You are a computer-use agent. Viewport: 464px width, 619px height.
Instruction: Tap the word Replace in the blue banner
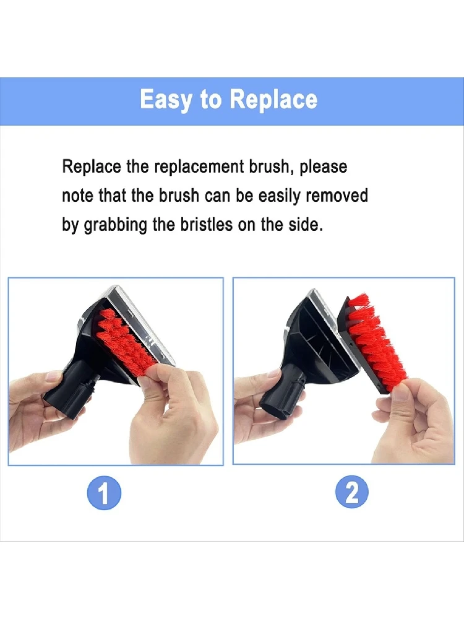(273, 100)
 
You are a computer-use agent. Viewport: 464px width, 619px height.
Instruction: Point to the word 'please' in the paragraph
(324, 167)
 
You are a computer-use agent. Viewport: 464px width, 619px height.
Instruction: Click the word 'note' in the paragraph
(78, 196)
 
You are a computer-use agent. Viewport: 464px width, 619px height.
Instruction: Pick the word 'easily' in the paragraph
(280, 196)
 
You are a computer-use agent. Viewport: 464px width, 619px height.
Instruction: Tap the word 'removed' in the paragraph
(337, 196)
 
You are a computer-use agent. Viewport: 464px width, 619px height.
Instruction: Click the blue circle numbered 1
(105, 493)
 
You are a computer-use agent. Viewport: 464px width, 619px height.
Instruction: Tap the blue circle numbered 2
(352, 493)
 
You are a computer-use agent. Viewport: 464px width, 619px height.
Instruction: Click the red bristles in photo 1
(124, 337)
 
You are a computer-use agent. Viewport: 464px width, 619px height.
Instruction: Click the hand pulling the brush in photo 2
(415, 421)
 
